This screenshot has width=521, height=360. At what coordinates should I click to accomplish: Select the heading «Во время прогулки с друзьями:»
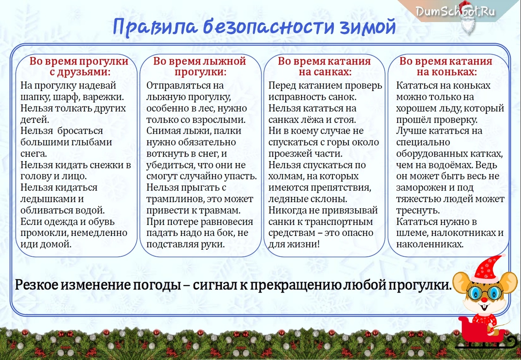(79, 66)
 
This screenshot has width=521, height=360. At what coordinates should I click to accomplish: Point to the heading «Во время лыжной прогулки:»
(199, 66)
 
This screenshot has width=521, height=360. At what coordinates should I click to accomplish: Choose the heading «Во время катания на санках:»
(324, 66)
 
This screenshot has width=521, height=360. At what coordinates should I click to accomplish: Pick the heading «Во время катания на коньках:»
(446, 66)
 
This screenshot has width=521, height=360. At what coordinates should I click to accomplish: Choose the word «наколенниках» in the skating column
(430, 244)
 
